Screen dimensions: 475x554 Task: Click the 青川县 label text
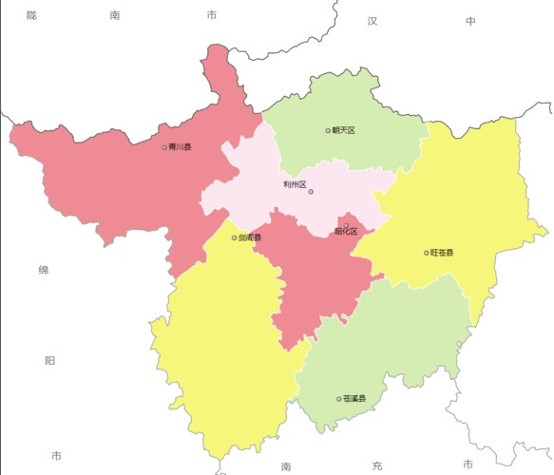pos(181,147)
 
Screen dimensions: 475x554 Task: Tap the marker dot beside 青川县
pos(164,147)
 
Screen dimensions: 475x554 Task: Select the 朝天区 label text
pos(343,130)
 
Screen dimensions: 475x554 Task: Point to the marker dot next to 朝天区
pos(328,130)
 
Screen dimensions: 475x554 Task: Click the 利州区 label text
pos(295,184)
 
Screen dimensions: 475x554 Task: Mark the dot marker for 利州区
pos(311,192)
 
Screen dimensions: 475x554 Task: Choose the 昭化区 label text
pos(346,231)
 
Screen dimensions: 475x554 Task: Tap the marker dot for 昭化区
pos(346,224)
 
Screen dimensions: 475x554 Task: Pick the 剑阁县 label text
pos(250,237)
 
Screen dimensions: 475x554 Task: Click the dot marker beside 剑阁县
pos(235,237)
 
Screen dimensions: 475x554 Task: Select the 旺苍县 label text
pos(442,253)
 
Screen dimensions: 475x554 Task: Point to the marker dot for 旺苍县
pos(426,253)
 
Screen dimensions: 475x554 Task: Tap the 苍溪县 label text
pos(354,399)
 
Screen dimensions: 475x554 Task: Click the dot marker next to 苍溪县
pos(339,399)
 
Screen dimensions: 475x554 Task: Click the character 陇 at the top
pos(31,15)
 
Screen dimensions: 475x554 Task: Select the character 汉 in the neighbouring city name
pos(373,21)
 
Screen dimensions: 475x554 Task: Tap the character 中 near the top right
pos(469,21)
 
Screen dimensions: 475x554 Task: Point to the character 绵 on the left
pos(43,271)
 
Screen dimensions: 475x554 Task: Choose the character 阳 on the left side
pos(49,361)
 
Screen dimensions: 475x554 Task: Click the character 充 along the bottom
pos(376,465)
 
